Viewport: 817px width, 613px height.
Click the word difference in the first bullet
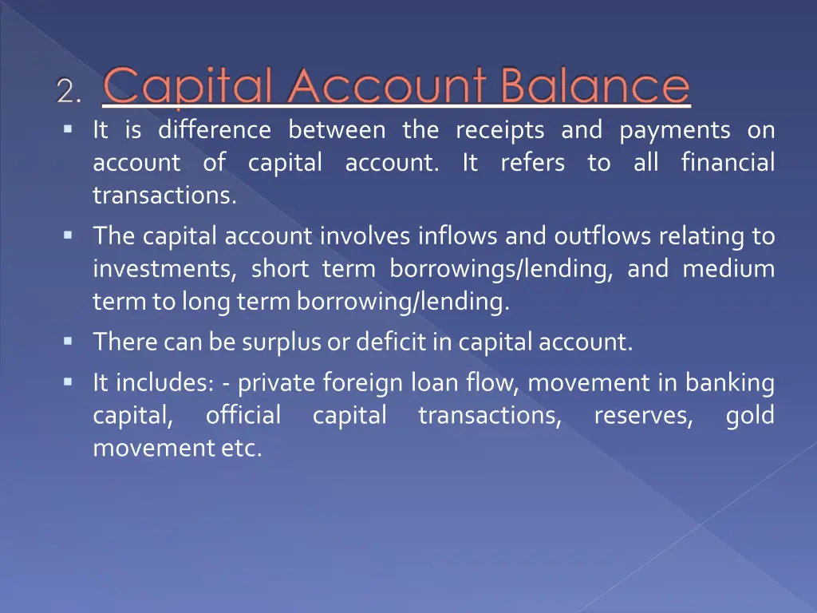(x=214, y=129)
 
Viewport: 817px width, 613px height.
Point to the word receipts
(x=500, y=129)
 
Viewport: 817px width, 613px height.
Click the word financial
(x=728, y=163)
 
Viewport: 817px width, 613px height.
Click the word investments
(x=164, y=270)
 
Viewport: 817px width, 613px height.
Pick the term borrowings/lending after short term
(x=501, y=270)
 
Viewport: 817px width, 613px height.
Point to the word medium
(x=728, y=269)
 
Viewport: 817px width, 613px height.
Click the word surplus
(x=278, y=343)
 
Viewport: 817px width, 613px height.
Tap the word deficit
(x=386, y=342)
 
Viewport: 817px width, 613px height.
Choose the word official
(x=243, y=416)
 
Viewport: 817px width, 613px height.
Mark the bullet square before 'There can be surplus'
(x=68, y=341)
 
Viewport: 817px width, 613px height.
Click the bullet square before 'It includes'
(x=68, y=382)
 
